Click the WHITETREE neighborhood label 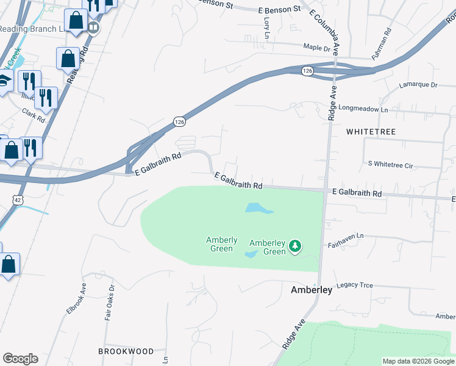coord(371,132)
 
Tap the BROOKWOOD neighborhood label coord(126,351)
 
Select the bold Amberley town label coord(310,290)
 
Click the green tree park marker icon coord(296,245)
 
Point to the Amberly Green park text coord(221,245)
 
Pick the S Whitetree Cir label coord(390,165)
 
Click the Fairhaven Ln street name coord(346,235)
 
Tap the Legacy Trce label coord(354,285)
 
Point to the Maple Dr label coord(317,48)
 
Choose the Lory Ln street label coord(266,25)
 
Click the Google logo coord(20,359)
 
